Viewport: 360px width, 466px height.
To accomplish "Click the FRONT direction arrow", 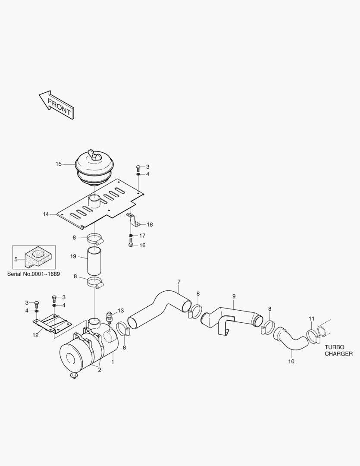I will click(x=56, y=105).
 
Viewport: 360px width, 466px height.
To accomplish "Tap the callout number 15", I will click(x=59, y=164).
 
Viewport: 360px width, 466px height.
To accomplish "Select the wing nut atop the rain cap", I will click(x=94, y=154).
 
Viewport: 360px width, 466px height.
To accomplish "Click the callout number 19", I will click(x=73, y=256).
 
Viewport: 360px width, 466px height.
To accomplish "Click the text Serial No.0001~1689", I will click(x=34, y=274).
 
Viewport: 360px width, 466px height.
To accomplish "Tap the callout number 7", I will click(x=178, y=282).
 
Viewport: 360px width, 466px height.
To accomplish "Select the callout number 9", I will click(x=234, y=296).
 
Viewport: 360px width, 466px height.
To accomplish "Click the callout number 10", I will click(x=291, y=361).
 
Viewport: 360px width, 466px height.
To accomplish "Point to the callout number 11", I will click(x=311, y=319).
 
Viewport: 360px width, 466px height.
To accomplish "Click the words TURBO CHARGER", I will click(x=338, y=350).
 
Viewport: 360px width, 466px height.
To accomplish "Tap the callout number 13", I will click(x=120, y=310).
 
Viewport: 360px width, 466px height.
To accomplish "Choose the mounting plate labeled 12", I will click(x=51, y=324).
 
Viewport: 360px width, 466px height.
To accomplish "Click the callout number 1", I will click(x=113, y=362).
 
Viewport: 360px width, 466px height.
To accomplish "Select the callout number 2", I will click(x=100, y=370).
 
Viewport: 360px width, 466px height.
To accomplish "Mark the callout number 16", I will click(x=142, y=245).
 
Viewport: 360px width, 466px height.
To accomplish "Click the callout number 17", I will click(x=142, y=236).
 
